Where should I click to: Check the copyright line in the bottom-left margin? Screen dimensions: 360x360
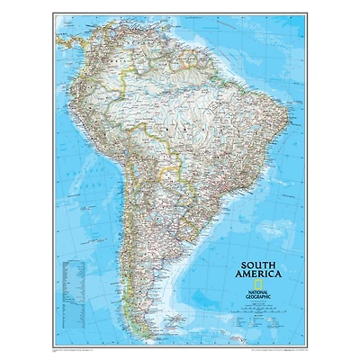coord(81,347)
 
